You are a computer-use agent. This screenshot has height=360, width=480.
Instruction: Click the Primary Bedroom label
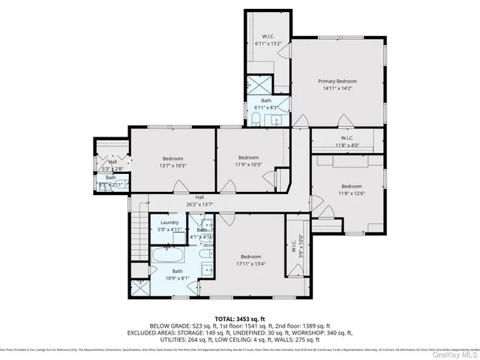pyautogui.click(x=337, y=81)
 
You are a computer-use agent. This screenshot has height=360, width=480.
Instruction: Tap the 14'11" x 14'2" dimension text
pyautogui.click(x=337, y=88)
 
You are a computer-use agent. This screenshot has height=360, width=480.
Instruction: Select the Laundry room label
pyautogui.click(x=168, y=222)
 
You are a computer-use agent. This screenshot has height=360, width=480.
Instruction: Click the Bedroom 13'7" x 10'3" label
pyautogui.click(x=173, y=157)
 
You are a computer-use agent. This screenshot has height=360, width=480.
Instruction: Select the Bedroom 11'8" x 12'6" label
pyautogui.click(x=352, y=186)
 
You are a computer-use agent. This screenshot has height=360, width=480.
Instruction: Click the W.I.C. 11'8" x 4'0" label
pyautogui.click(x=347, y=138)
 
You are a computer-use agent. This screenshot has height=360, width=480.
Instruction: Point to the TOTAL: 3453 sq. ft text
pyautogui.click(x=239, y=319)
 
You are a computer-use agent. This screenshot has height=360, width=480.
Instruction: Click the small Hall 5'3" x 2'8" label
pyautogui.click(x=112, y=162)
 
